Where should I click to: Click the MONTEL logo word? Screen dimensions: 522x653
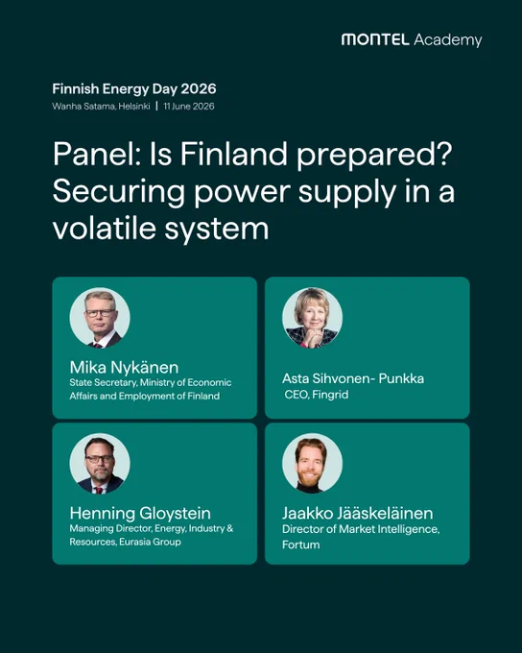375,39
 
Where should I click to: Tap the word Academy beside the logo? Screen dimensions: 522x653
448,40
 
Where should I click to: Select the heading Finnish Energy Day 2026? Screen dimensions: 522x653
134,89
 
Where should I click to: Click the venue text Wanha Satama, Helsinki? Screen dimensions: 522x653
101,107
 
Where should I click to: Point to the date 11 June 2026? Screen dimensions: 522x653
189,107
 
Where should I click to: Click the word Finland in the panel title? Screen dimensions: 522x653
233,154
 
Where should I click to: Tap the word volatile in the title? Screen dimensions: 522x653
104,229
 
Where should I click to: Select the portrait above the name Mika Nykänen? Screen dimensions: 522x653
100,318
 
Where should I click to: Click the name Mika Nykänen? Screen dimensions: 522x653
124,367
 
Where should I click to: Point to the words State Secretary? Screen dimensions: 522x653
104,383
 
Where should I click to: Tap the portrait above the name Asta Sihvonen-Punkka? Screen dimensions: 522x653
312,318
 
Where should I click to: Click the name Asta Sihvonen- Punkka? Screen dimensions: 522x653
353,378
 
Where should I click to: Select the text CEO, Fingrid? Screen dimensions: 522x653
317,395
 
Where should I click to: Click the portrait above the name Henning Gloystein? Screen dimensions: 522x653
100,464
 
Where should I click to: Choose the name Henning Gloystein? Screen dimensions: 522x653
140,513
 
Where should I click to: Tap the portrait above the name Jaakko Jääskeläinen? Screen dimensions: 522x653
312,464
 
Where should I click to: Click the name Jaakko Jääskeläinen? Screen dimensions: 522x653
358,513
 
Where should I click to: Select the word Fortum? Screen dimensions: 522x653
301,544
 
